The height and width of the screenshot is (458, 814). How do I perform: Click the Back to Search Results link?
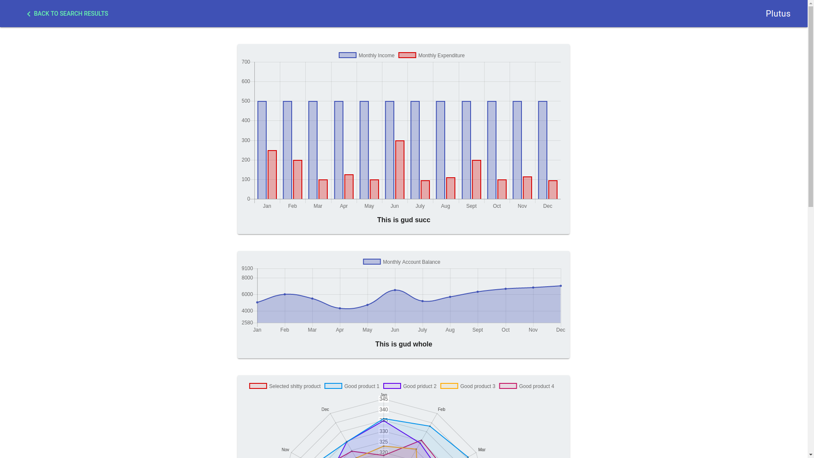pos(67,14)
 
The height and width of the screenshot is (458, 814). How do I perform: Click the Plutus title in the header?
pos(778,14)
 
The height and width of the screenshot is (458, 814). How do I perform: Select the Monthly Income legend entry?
pos(367,56)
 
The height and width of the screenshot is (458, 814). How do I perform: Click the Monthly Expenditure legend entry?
pos(432,56)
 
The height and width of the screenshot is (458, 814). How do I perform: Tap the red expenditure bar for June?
pos(400,170)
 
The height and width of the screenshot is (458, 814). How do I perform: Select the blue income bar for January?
pos(262,150)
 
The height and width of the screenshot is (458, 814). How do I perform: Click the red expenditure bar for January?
pos(272,175)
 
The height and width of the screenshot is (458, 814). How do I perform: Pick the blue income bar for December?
pos(543,150)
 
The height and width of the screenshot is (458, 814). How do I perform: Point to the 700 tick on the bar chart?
pos(246,62)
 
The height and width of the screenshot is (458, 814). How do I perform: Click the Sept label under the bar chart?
pos(471,206)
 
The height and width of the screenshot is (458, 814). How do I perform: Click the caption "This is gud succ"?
pos(404,220)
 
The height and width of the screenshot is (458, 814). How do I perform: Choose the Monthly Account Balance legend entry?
pos(401,262)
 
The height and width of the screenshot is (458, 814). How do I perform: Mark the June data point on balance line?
pos(395,290)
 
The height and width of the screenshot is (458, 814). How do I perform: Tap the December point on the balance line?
pos(560,286)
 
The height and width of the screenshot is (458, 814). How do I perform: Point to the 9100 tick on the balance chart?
pos(247,268)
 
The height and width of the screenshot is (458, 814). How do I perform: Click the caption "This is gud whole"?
pos(404,344)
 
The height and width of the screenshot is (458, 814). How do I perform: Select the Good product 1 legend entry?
pos(352,386)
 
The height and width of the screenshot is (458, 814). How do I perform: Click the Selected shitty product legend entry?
pos(285,386)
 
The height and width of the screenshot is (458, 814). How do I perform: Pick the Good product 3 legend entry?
pos(468,386)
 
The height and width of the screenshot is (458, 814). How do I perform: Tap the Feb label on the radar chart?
pos(441,409)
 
